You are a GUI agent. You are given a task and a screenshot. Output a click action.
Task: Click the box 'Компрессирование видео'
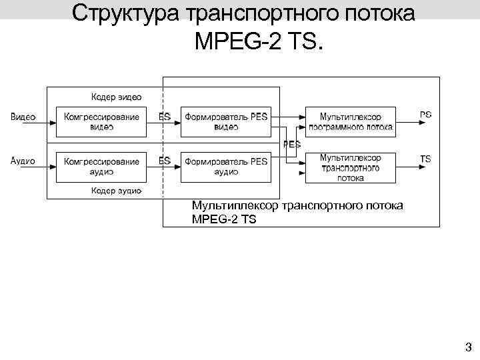[x=101, y=121]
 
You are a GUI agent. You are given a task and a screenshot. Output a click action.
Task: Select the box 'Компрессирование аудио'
[x=101, y=167]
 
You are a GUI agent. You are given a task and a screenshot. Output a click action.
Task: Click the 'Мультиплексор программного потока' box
[x=350, y=121]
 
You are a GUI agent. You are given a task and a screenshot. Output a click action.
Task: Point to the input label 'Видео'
[x=23, y=117]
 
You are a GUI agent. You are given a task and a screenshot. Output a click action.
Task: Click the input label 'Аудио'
[x=23, y=161]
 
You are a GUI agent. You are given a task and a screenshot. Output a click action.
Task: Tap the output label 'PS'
[x=425, y=115]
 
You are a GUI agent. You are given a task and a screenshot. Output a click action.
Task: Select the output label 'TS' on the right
[x=425, y=159]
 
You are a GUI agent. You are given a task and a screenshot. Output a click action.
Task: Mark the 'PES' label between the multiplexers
[x=292, y=144]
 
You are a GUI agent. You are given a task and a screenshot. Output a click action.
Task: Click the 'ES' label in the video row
[x=164, y=117]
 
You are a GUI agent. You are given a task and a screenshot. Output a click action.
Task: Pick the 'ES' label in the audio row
[x=164, y=161]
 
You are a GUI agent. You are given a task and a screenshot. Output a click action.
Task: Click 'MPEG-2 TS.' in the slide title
[x=258, y=42]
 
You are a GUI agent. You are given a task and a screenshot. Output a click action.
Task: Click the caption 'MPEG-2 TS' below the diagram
[x=223, y=219]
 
